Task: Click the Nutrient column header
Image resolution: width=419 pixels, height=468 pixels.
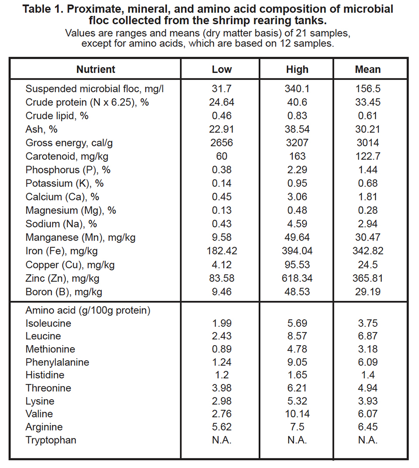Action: (x=96, y=69)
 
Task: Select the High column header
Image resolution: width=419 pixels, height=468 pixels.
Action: (x=297, y=69)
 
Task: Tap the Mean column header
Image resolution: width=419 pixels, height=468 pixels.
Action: (x=367, y=69)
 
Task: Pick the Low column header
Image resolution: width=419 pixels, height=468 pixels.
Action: (x=222, y=69)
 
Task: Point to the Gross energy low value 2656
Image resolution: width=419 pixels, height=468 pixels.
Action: (x=222, y=142)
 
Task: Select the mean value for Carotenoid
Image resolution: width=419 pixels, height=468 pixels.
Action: (x=367, y=156)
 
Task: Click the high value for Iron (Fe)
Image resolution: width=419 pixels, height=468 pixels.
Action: (x=297, y=251)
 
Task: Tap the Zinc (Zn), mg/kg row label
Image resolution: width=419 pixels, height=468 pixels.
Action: (x=65, y=278)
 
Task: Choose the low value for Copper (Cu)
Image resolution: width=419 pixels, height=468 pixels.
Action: (x=222, y=265)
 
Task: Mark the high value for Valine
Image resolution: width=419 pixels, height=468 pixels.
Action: (x=297, y=414)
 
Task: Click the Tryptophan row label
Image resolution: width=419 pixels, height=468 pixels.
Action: (x=51, y=440)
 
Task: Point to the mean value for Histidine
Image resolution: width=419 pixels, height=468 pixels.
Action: (x=367, y=375)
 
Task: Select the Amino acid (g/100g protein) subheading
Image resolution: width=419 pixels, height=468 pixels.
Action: (x=88, y=310)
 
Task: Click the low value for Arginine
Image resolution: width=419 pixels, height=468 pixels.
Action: (x=222, y=427)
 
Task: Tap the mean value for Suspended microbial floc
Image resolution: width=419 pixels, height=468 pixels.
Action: (x=367, y=88)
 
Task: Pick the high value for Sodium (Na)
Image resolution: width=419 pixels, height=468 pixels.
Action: (x=297, y=224)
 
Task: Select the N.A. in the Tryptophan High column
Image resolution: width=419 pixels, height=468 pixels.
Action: (x=297, y=440)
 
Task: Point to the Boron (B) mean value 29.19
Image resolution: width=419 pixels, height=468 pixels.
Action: (x=367, y=292)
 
